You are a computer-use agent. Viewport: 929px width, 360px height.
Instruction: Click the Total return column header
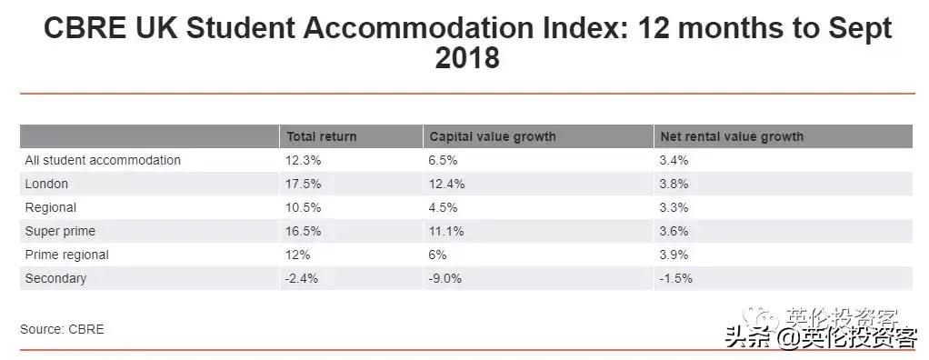click(322, 136)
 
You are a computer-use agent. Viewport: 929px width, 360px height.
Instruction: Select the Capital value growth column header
click(492, 136)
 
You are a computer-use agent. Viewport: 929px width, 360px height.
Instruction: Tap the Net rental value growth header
click(732, 136)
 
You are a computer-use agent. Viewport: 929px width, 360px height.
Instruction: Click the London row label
click(46, 184)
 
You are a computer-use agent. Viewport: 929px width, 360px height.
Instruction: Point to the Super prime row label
click(60, 231)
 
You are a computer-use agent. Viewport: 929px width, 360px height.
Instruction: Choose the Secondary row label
click(55, 278)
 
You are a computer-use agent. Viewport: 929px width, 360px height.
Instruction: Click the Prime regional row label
click(66, 255)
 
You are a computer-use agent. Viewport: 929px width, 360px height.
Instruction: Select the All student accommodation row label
click(103, 160)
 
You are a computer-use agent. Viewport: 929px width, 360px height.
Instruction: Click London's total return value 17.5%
click(304, 184)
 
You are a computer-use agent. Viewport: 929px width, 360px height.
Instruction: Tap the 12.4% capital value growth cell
click(447, 184)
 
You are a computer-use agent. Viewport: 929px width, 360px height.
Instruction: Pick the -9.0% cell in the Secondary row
click(445, 278)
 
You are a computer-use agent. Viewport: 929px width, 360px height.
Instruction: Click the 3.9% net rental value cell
click(674, 255)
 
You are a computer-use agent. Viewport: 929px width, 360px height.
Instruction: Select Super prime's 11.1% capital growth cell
click(446, 231)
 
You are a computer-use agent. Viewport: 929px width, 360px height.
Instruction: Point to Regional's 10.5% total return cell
click(304, 207)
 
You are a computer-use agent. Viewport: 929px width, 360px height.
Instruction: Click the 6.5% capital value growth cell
click(444, 160)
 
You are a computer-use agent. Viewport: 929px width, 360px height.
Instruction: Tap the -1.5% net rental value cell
click(675, 278)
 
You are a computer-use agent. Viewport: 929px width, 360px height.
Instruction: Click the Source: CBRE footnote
click(62, 329)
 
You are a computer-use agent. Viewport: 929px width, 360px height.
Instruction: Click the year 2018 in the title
click(467, 58)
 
